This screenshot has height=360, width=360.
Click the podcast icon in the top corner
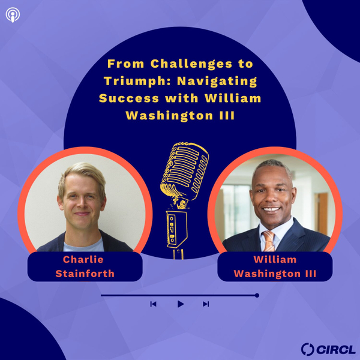coord(11,14)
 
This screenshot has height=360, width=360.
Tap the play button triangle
coord(180,304)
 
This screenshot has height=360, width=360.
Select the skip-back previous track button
coord(153,304)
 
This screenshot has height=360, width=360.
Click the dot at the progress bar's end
coord(257,295)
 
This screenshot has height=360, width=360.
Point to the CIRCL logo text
coord(337,349)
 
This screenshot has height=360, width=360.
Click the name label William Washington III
coord(275,266)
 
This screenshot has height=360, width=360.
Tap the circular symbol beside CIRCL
coord(308,349)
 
